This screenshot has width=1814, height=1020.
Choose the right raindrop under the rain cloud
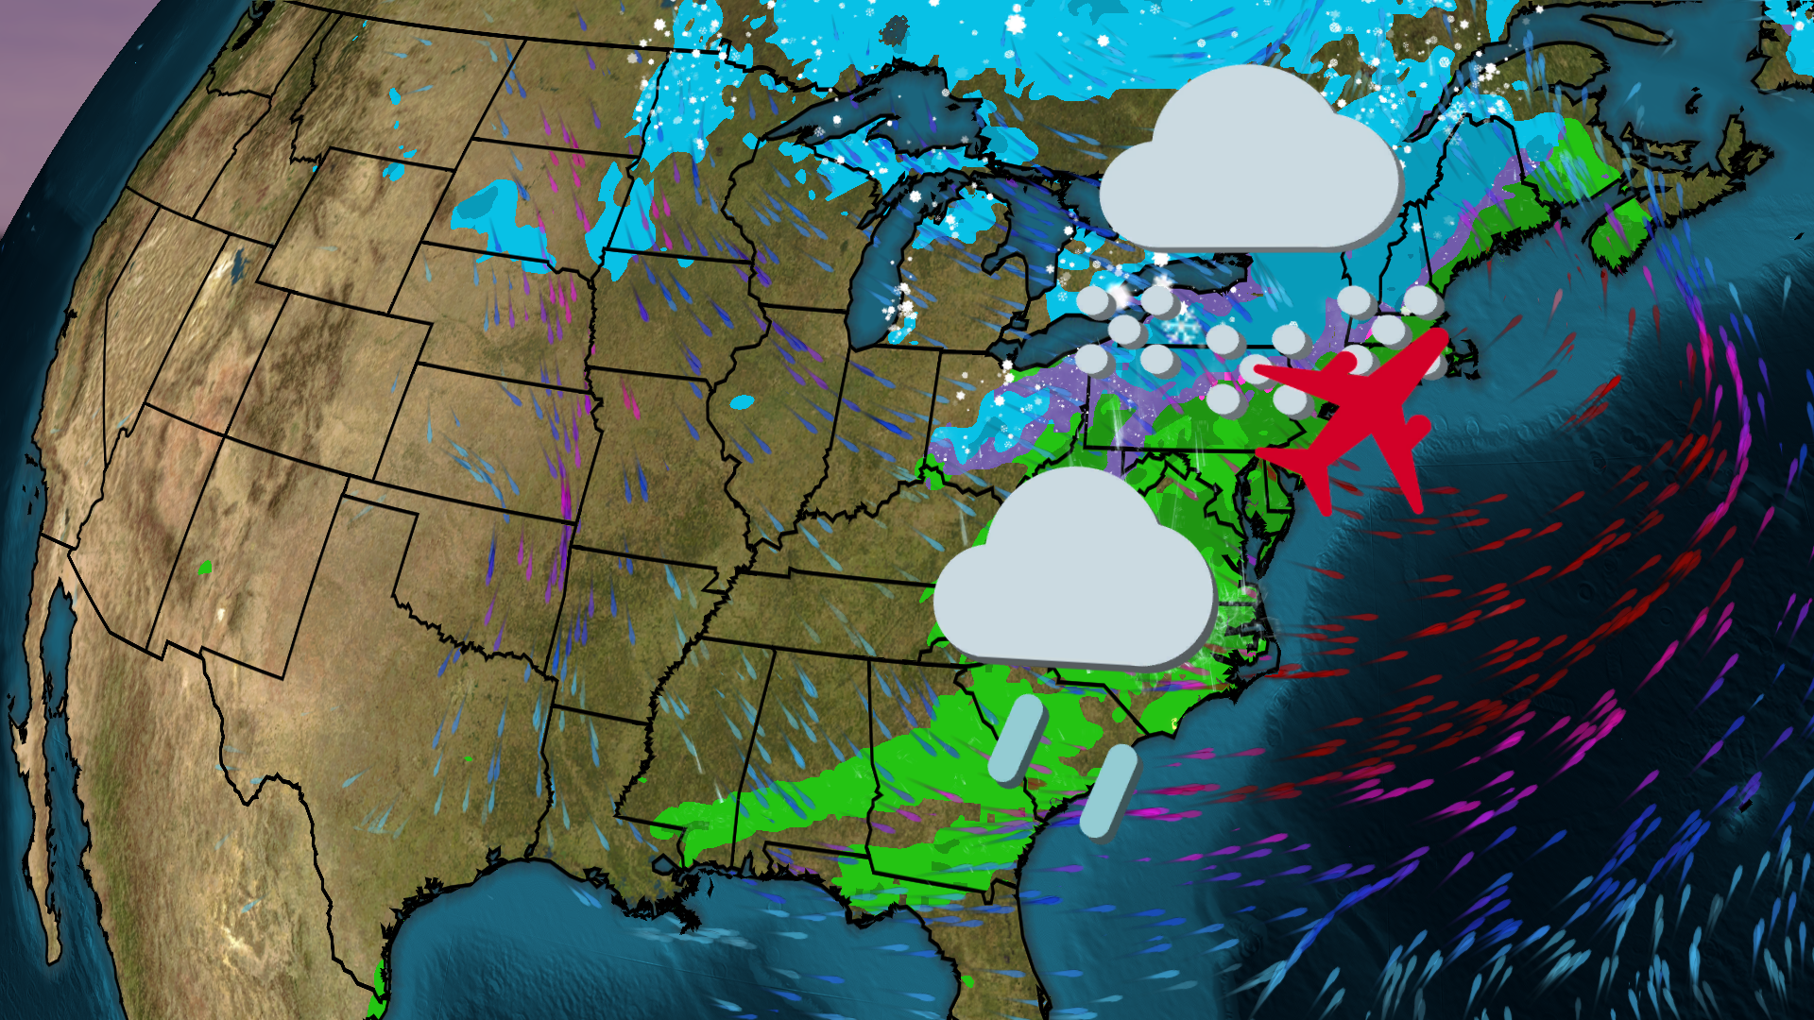coord(1109,791)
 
